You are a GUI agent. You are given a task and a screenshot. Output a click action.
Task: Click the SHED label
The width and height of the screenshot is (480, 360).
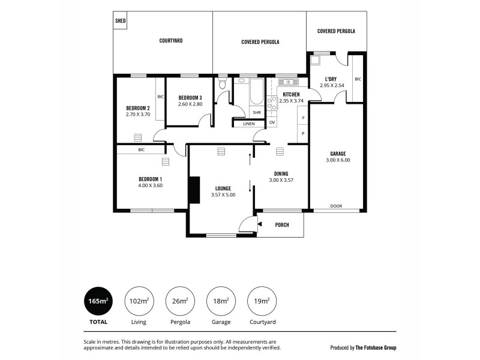click(x=120, y=20)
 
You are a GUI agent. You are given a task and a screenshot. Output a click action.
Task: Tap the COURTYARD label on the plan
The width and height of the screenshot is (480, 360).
click(x=171, y=41)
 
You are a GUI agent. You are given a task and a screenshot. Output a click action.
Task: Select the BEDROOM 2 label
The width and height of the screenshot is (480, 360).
click(x=137, y=108)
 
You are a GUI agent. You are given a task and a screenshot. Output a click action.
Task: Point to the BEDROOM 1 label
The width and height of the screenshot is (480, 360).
click(x=150, y=179)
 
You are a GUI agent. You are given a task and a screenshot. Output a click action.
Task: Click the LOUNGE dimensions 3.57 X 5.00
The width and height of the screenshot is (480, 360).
click(x=223, y=194)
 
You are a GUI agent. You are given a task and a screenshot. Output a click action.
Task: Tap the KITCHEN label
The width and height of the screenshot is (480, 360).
click(x=291, y=95)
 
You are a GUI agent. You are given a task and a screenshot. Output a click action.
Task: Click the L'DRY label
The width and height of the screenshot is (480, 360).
click(x=331, y=79)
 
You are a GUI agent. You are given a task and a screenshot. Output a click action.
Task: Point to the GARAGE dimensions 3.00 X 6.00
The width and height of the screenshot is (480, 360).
click(x=337, y=160)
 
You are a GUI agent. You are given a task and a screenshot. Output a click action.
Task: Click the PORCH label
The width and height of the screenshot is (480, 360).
click(x=282, y=225)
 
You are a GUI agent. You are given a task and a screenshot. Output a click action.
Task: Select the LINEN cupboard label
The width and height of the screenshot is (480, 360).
click(x=248, y=124)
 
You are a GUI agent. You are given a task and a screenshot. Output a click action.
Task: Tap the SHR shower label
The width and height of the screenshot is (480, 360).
click(x=256, y=112)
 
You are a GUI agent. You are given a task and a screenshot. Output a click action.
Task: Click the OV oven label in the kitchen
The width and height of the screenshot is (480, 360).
click(x=272, y=122)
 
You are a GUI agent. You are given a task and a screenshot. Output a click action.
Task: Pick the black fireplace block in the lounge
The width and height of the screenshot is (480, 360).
click(x=194, y=191)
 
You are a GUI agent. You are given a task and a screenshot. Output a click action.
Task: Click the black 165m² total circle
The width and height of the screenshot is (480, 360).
click(x=98, y=301)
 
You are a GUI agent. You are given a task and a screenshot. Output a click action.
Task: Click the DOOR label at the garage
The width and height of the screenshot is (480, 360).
click(x=336, y=206)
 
